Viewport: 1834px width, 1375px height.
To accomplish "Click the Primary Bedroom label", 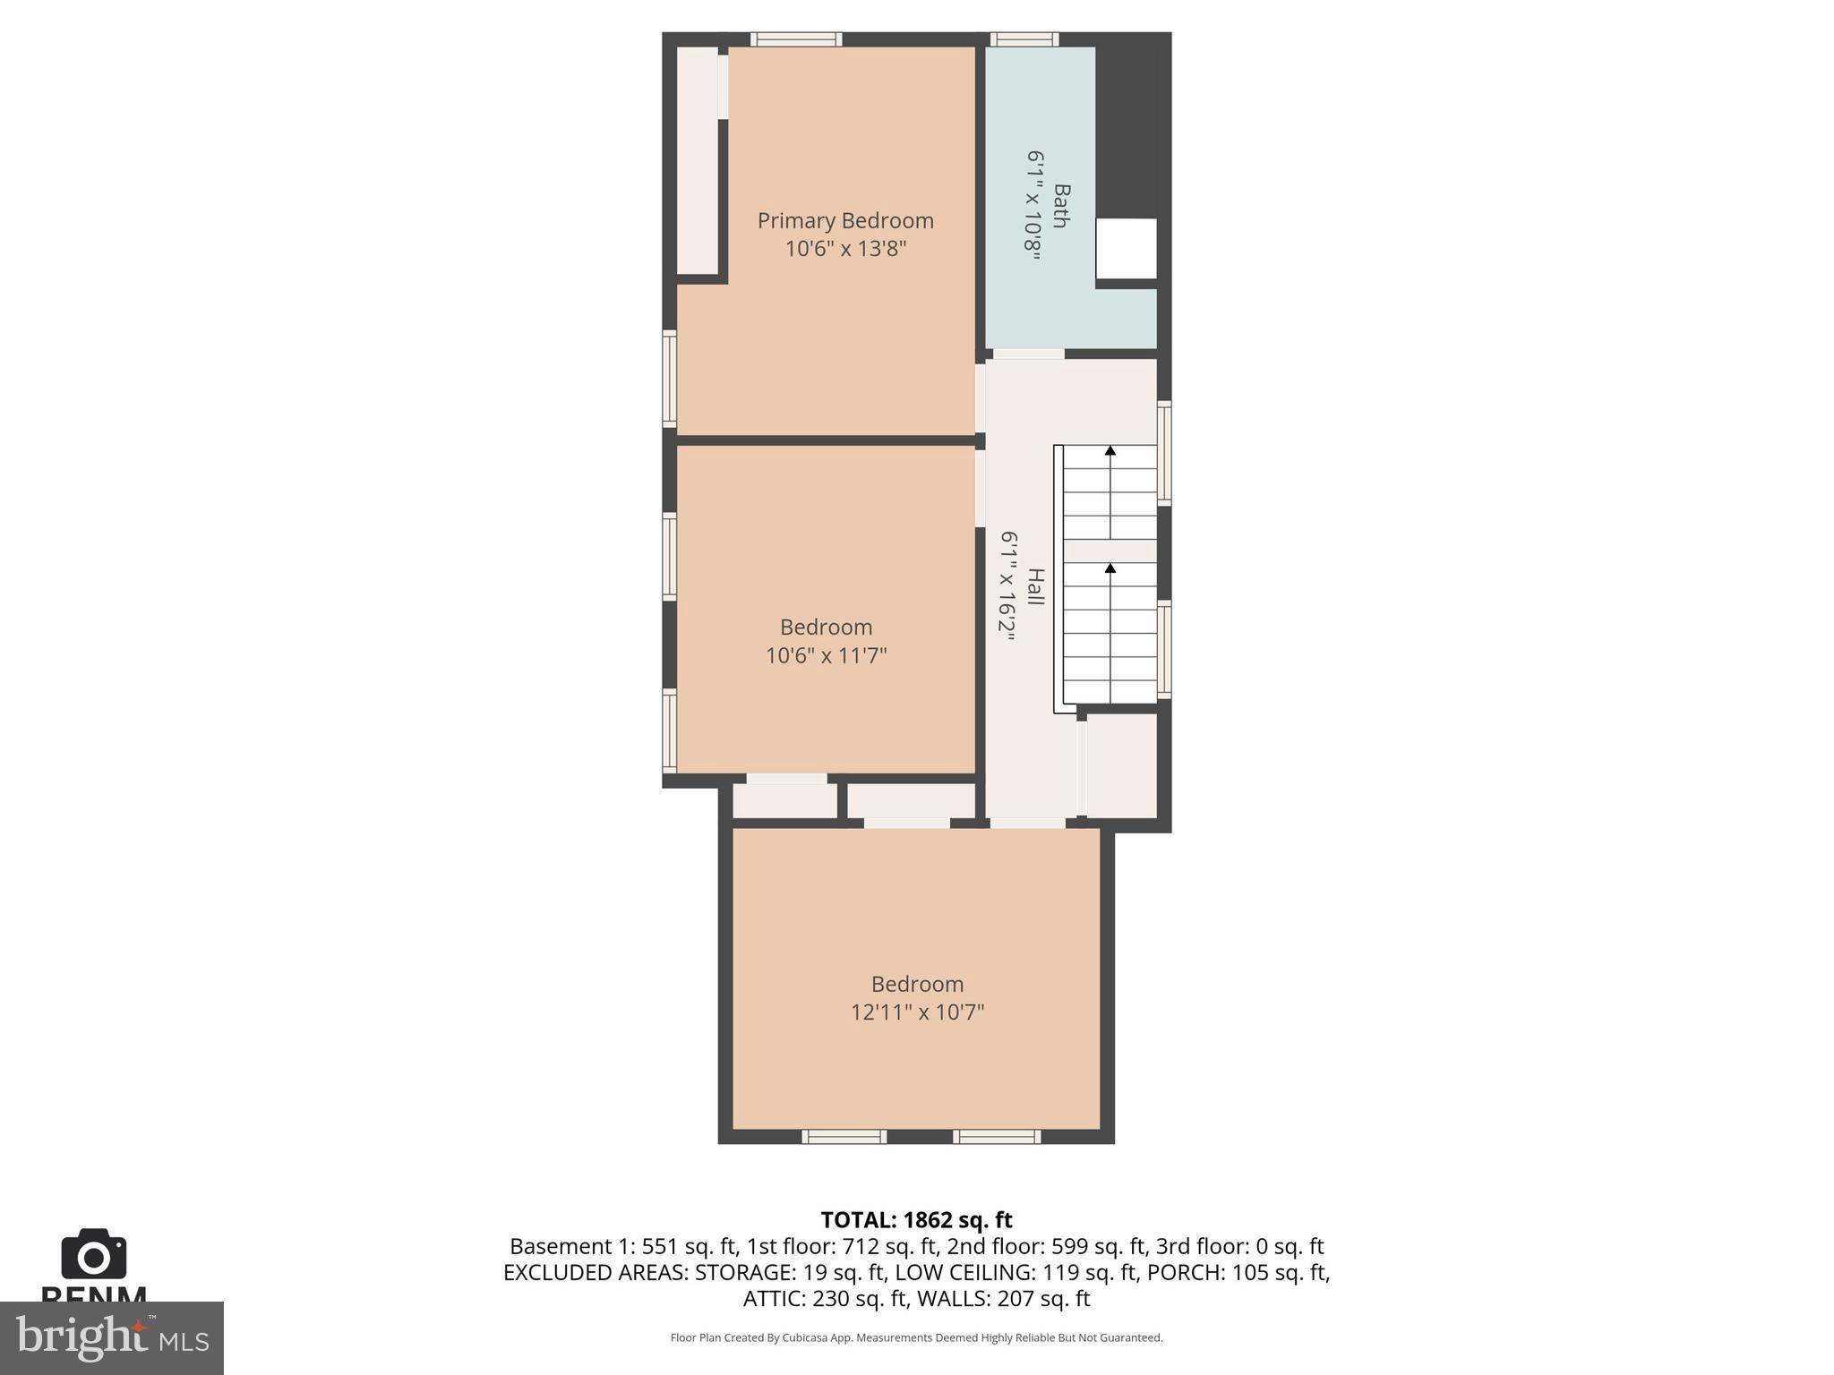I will click(845, 220).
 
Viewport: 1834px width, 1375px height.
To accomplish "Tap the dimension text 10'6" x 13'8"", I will click(845, 249).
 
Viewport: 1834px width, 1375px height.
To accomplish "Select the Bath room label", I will click(1061, 206).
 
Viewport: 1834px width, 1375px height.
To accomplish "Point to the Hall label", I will click(1035, 586).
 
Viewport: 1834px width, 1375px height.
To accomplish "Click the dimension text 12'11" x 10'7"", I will click(917, 1012).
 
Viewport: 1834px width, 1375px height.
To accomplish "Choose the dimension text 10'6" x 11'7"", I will click(826, 655).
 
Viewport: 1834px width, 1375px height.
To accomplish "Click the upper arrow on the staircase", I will click(1110, 451).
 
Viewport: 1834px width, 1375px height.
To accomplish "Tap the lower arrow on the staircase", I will click(1110, 568).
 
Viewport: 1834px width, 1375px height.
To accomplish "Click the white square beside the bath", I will click(1127, 249).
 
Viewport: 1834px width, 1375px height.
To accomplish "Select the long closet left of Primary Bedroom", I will click(697, 161).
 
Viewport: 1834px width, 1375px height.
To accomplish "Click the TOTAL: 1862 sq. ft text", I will click(916, 1220).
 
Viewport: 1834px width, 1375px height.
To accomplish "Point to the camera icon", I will click(94, 1254).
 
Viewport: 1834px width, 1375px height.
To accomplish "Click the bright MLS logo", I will click(112, 1338).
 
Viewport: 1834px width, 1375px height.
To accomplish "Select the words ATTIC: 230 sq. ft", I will click(825, 1298).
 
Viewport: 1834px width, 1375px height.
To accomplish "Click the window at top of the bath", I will click(1024, 39).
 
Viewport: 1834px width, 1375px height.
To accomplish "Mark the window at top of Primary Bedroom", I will click(795, 39).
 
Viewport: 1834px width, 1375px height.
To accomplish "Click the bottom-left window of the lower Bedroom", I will click(844, 1137).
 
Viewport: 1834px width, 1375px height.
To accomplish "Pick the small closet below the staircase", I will click(1121, 765).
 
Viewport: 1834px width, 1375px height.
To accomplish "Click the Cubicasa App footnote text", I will click(916, 1337).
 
